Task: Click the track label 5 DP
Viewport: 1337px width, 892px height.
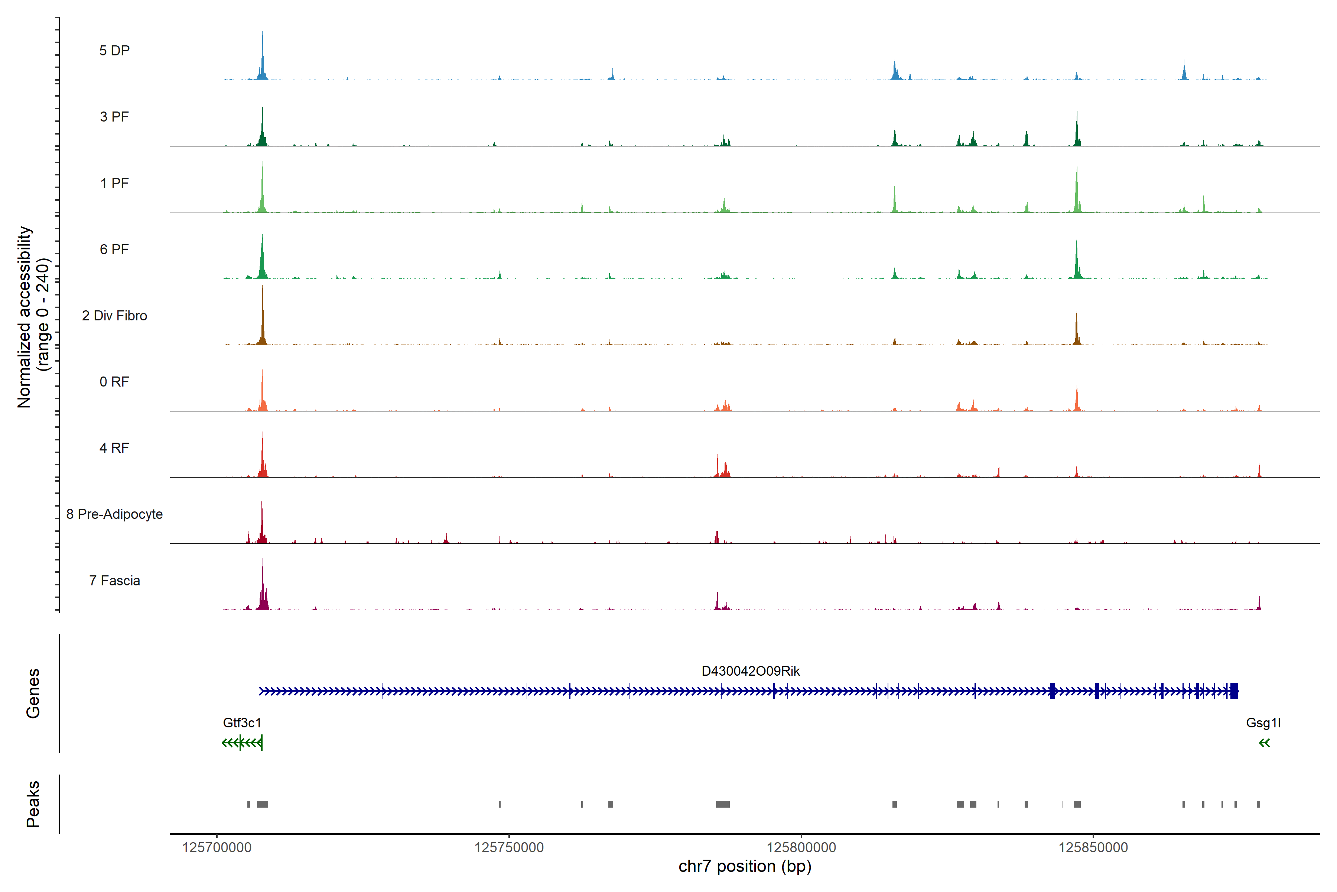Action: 114,51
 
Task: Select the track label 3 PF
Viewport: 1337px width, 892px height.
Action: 114,117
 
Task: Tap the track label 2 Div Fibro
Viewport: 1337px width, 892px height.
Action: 114,316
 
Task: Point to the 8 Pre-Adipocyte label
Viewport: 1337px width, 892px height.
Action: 114,514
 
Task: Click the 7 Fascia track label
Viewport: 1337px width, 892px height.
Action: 114,581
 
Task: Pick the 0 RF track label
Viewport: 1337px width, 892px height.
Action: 114,382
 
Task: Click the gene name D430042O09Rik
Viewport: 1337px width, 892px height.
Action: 750,671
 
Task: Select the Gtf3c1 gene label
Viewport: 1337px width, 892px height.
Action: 242,723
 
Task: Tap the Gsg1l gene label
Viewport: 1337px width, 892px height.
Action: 1263,723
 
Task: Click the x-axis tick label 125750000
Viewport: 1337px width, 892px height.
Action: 509,848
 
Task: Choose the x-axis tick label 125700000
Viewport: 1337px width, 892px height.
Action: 217,848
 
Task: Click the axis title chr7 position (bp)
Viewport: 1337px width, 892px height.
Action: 745,866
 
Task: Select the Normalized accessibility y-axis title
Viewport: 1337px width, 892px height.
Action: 33,316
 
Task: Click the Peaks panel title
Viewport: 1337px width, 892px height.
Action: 33,804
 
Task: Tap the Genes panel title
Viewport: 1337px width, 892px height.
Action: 33,694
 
